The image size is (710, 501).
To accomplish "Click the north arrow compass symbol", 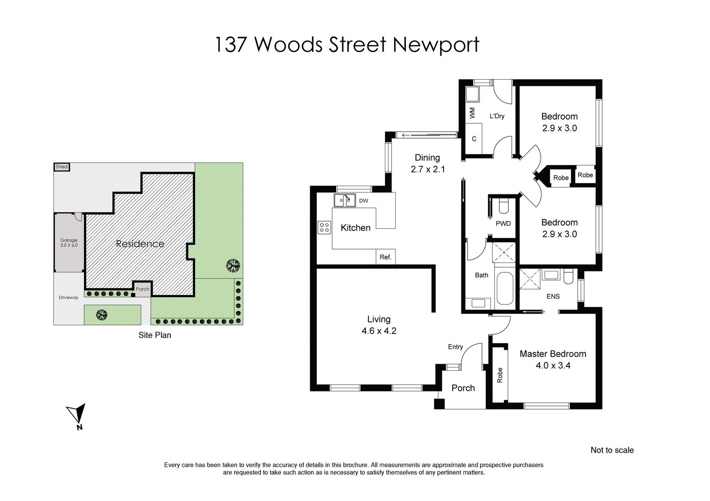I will point(77,415).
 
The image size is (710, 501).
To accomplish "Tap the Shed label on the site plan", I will point(62,167).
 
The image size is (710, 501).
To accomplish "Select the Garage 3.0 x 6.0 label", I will point(69,243).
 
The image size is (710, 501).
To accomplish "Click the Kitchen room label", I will point(355,228).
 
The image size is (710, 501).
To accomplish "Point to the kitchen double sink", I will point(345,200).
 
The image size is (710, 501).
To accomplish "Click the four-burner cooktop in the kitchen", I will point(324,227).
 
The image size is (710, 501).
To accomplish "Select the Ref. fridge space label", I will point(385,257).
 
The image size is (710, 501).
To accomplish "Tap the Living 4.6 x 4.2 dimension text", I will point(379,331).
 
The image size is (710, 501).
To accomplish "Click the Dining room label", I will point(427,158).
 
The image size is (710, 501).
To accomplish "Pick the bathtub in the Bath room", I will point(505,288).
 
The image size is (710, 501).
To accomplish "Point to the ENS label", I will point(553,296).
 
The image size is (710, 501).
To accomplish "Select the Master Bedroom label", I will point(553,354).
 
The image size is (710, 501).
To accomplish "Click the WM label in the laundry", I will point(472,113).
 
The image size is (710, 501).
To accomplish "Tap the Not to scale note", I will point(612,450).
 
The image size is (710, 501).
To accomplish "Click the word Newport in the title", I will point(436,45).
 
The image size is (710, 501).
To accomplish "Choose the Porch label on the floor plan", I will point(463,388).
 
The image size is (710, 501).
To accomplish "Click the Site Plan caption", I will point(155,335).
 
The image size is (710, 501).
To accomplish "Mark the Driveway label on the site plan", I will point(68,297).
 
